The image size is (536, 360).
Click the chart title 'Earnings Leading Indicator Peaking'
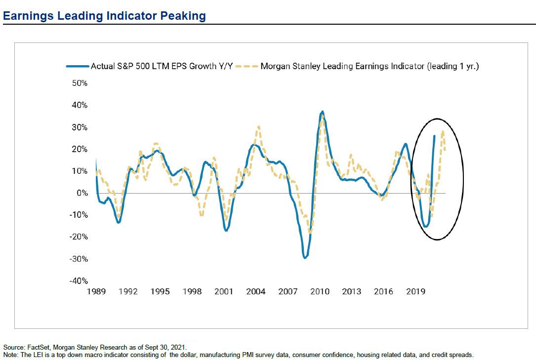tap(104, 16)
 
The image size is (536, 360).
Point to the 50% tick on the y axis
tap(78, 83)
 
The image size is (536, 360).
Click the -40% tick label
tap(78, 281)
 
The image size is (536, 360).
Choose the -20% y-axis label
tap(78, 237)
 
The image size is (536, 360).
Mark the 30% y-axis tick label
tap(78, 127)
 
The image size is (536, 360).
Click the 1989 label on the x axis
tap(96, 291)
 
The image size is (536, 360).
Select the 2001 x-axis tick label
tap(224, 291)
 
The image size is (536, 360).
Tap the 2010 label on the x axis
tap(320, 291)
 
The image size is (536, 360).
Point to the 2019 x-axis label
tap(415, 291)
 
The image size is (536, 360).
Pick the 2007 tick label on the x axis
tap(288, 291)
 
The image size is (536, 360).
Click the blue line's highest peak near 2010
tap(323, 112)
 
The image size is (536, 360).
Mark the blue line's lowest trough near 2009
tap(305, 258)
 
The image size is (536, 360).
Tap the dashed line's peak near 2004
tap(258, 127)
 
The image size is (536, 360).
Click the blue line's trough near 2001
tap(226, 231)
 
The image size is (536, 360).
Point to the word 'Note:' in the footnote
tap(10, 355)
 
